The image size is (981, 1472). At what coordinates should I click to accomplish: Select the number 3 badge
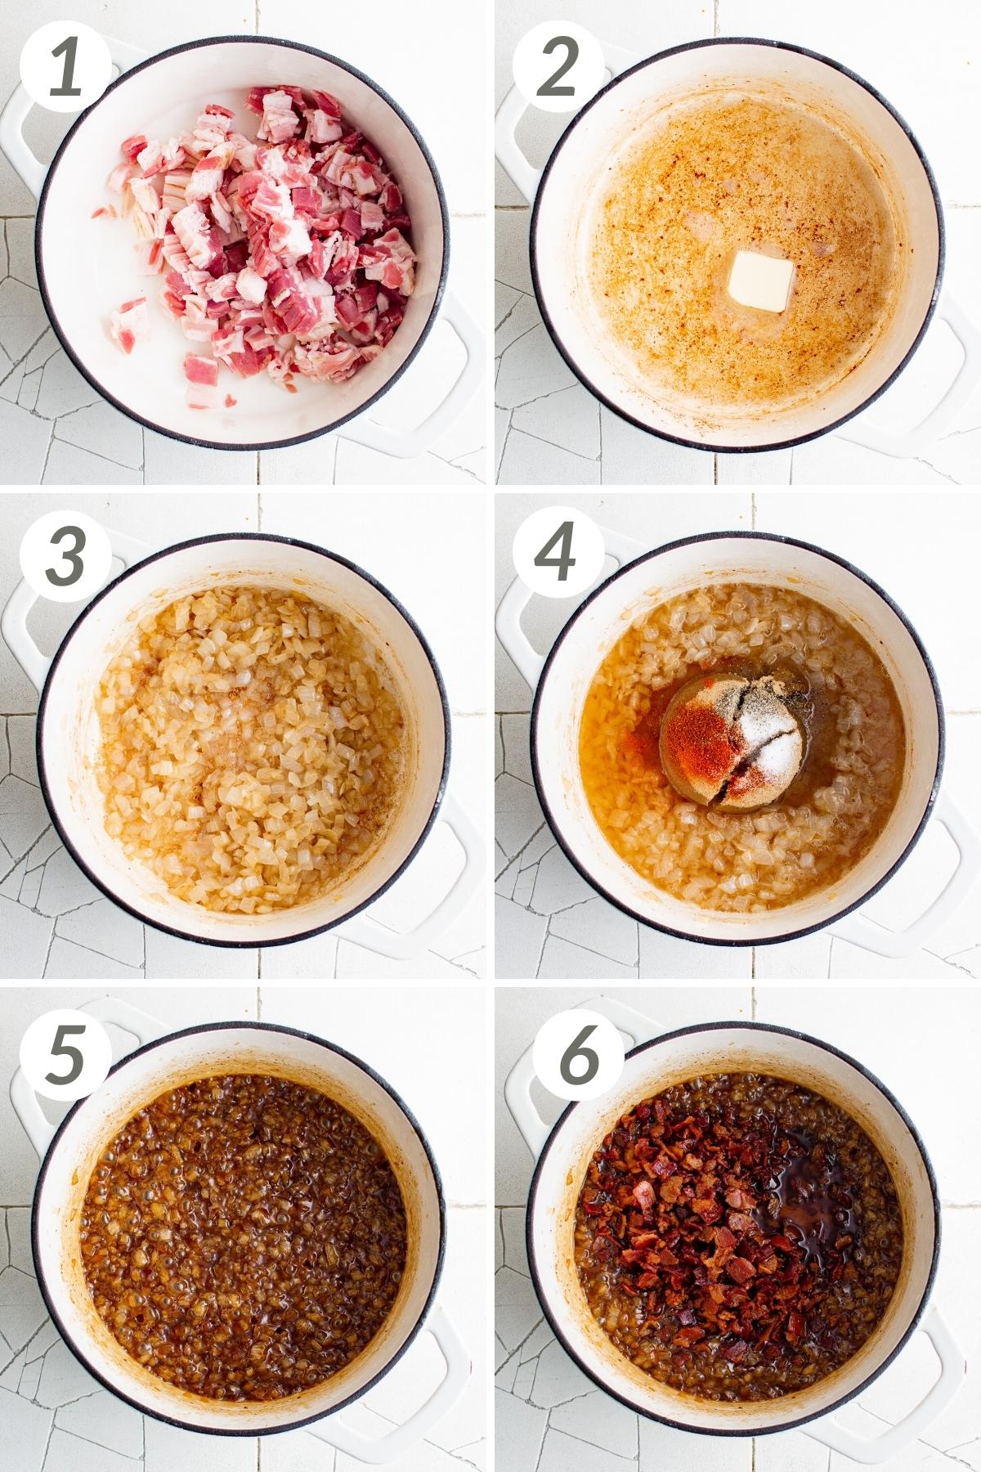[65, 556]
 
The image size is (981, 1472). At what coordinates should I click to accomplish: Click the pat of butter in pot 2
[760, 280]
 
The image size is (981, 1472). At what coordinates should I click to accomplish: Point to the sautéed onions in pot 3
[245, 752]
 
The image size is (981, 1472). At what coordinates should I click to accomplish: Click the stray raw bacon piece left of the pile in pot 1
[131, 323]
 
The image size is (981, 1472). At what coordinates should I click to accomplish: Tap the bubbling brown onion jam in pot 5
[245, 1227]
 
